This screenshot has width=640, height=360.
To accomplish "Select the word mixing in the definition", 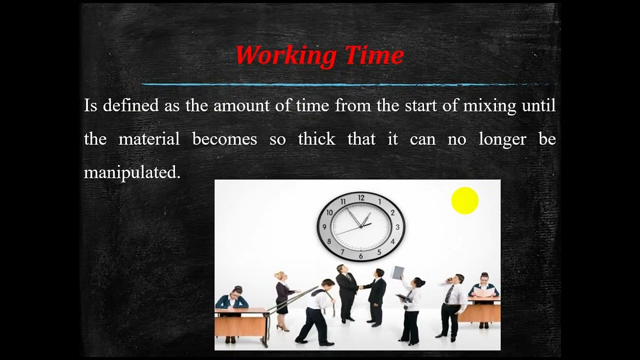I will click(x=489, y=105).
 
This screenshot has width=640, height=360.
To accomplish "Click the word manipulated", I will click(x=132, y=172).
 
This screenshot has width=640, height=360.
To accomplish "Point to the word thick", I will click(x=316, y=139).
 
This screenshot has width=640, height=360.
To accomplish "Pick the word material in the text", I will click(x=149, y=139).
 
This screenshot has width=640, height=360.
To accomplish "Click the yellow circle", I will click(x=464, y=200).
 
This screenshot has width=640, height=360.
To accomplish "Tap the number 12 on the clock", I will click(x=361, y=198).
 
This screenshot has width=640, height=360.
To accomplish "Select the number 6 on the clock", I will click(x=361, y=256).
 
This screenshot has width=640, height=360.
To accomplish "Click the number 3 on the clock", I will click(x=397, y=227).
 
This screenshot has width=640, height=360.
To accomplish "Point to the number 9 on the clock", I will click(x=324, y=227).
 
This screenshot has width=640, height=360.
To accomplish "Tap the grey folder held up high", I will click(x=397, y=272).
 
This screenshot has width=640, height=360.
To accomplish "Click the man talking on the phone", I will click(x=452, y=305).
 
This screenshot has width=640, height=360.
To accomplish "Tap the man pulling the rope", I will click(x=317, y=310).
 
